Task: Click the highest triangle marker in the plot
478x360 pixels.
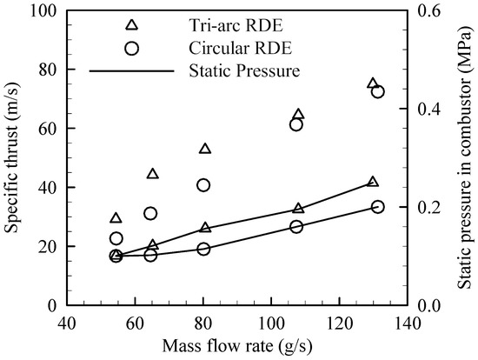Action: [373, 84]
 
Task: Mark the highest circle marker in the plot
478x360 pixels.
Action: [378, 92]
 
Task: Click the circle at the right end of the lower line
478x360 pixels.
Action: [378, 207]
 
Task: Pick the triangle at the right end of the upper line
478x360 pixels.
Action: [373, 182]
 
